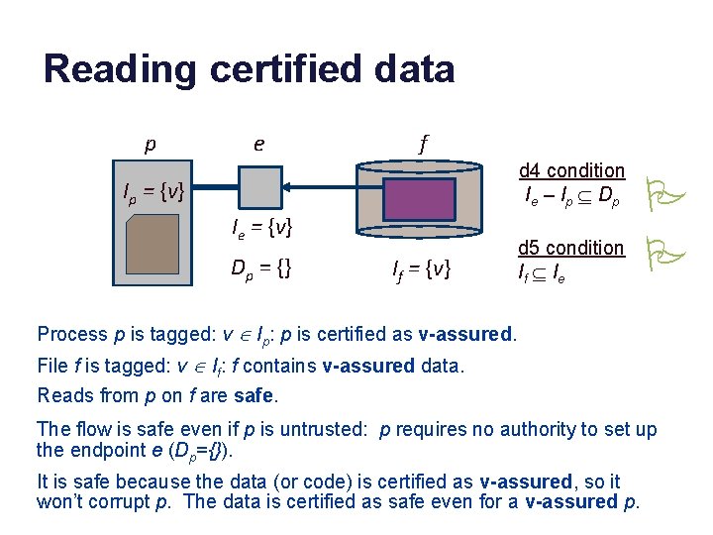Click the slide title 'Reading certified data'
(x=249, y=69)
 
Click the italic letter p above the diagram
(x=150, y=145)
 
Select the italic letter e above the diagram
(x=258, y=144)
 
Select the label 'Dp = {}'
(x=261, y=267)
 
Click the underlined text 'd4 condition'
(x=571, y=170)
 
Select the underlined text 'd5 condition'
(x=571, y=248)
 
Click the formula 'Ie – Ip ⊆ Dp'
(x=572, y=197)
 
